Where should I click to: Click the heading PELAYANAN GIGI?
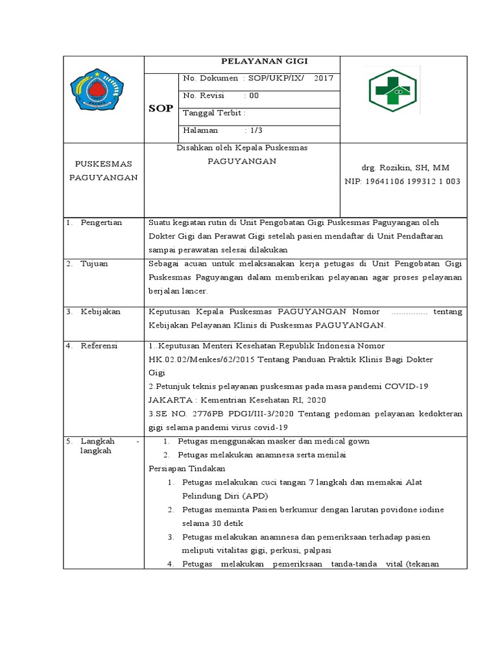pyautogui.click(x=255, y=62)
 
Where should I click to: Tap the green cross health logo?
pyautogui.click(x=393, y=91)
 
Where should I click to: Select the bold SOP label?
pyautogui.click(x=161, y=108)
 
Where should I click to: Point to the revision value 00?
pyautogui.click(x=254, y=95)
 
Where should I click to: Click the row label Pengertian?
pyautogui.click(x=101, y=223)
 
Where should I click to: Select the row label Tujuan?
pyautogui.click(x=95, y=264)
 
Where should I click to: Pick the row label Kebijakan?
pyautogui.click(x=101, y=312)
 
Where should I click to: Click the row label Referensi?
pyautogui.click(x=99, y=346)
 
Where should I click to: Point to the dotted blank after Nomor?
pyautogui.click(x=410, y=312)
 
